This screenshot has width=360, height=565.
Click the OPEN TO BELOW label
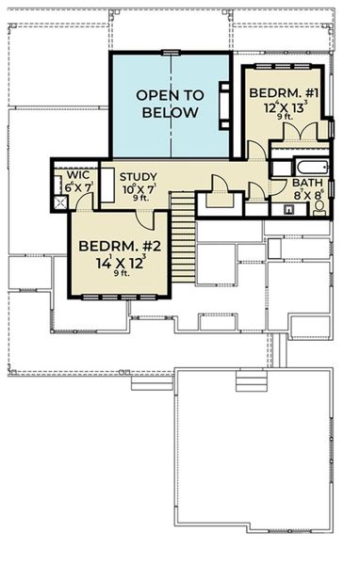pos(171,104)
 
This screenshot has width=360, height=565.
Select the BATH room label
pos(307,184)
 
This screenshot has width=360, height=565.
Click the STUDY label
pos(138,176)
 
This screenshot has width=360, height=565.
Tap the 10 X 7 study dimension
pos(139,188)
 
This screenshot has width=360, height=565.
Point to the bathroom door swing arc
pos(275,187)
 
